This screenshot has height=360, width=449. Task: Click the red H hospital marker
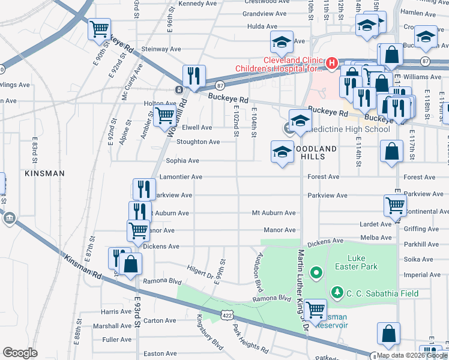(331, 62)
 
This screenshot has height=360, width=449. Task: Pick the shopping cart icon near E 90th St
(99, 29)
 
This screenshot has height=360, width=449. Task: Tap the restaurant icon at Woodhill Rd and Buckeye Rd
(194, 76)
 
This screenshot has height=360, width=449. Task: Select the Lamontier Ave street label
(181, 178)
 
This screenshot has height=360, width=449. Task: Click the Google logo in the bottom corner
(20, 353)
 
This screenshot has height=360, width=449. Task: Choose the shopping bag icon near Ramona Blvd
(130, 263)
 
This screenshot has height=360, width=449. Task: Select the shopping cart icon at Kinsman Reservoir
(315, 310)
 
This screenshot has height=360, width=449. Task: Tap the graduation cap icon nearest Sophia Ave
(281, 152)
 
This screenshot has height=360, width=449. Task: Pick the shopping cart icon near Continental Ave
(394, 206)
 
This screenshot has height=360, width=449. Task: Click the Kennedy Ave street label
(197, 4)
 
